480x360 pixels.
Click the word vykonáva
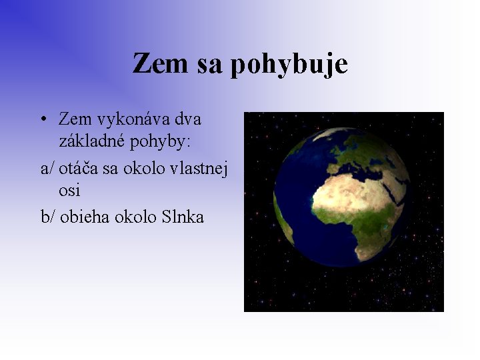pos(125,120)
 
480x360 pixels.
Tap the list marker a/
pos(48,168)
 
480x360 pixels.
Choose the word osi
pos(69,191)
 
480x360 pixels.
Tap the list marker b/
pos(49,216)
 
